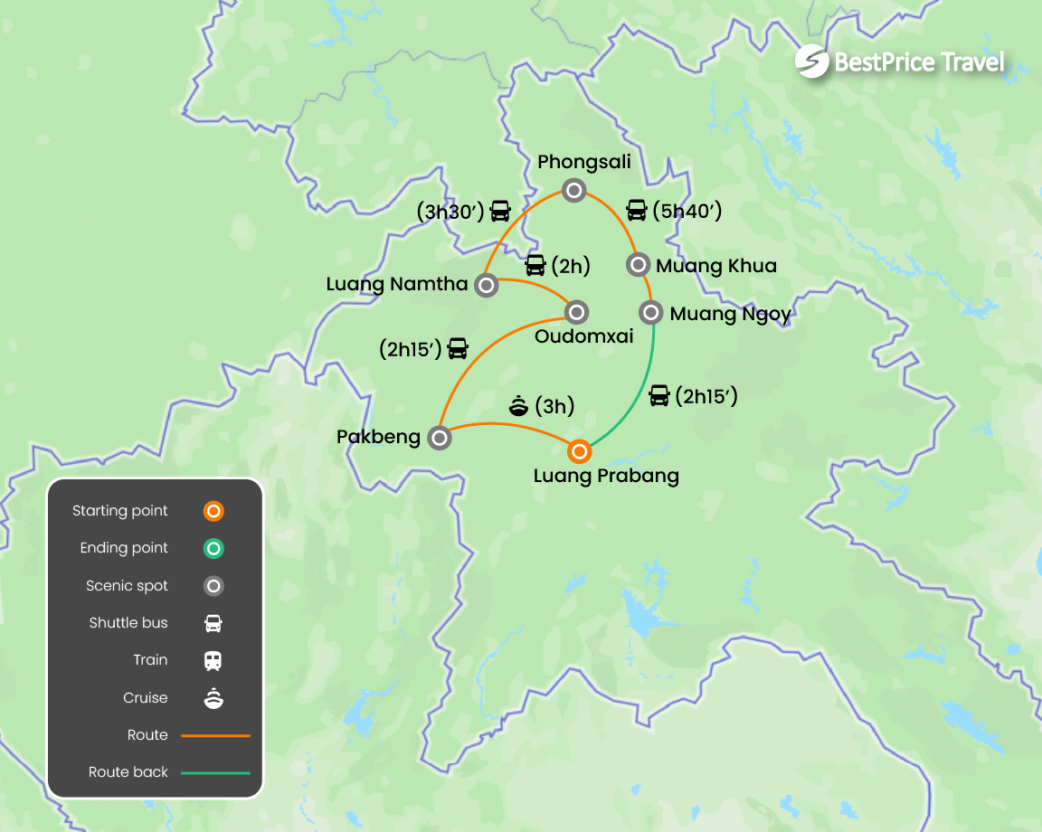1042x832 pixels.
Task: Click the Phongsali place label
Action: tap(583, 162)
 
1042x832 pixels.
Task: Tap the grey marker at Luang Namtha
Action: tap(487, 286)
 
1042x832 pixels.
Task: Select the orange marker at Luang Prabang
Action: tap(579, 450)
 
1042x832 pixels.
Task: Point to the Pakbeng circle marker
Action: tap(440, 439)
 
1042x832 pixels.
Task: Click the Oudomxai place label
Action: tap(583, 336)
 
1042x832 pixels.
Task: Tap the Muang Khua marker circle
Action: tap(638, 264)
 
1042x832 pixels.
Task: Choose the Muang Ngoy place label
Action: tap(730, 314)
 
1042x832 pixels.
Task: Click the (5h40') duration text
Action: tap(687, 211)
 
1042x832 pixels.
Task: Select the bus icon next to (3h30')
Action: tap(500, 212)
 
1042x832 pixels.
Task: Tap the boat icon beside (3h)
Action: tap(519, 406)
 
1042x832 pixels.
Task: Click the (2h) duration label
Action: tap(570, 265)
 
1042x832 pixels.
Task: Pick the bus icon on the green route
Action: tap(659, 395)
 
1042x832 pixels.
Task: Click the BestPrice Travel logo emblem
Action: tap(811, 61)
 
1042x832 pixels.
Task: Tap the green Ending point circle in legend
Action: tap(213, 548)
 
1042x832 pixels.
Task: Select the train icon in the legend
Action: tap(213, 660)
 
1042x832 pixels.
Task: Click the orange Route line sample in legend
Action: tap(215, 735)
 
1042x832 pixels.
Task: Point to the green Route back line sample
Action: tap(215, 773)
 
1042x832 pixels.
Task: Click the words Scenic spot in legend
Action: tap(127, 586)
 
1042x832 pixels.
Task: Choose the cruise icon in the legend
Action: tap(213, 698)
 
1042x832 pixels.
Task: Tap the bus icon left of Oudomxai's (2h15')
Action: tap(459, 348)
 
